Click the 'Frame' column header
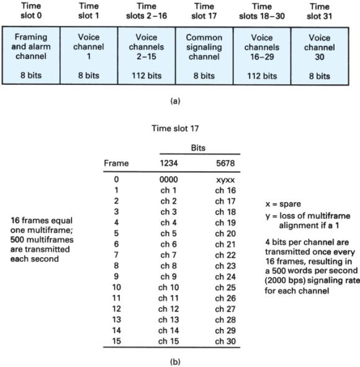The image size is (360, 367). [x=116, y=163]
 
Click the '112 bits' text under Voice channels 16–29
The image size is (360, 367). [x=264, y=77]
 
